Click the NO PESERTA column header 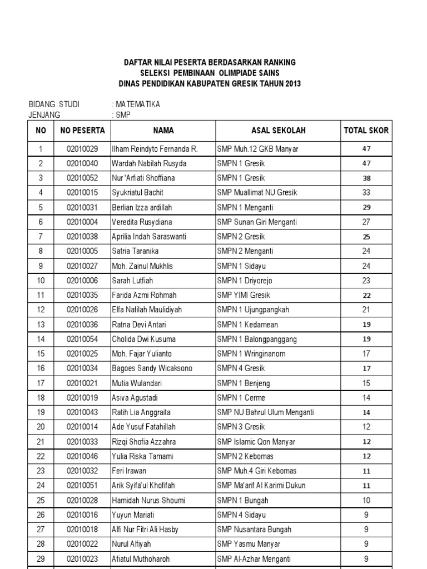(x=82, y=131)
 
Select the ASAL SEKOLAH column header (x=278, y=131)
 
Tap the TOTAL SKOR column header (x=366, y=131)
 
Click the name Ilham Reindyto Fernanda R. (x=155, y=149)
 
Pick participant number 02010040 (x=82, y=163)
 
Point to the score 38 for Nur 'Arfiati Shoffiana (x=366, y=178)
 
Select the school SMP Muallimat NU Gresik (x=257, y=193)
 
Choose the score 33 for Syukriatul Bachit (x=366, y=193)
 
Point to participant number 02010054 (x=82, y=339)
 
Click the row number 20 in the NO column (x=40, y=427)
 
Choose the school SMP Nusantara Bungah (x=254, y=529)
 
